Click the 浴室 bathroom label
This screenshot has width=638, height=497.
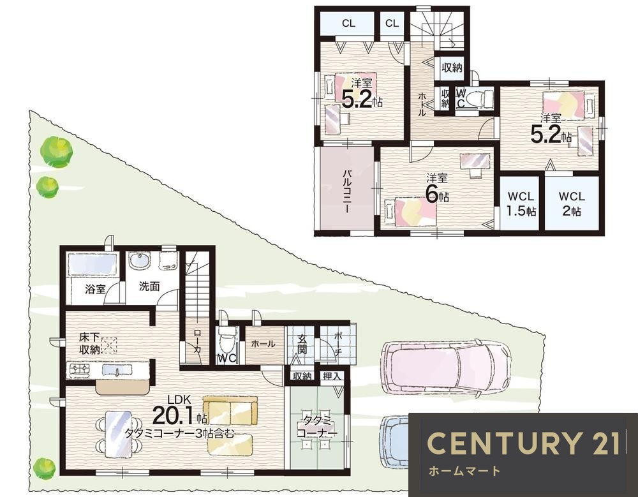click(95, 289)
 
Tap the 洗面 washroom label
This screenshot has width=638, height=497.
click(149, 286)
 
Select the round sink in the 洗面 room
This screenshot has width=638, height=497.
click(140, 261)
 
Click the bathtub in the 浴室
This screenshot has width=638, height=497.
click(93, 265)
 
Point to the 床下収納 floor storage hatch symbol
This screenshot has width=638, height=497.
click(108, 346)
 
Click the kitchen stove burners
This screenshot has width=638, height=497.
click(80, 369)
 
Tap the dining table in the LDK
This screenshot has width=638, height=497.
click(119, 434)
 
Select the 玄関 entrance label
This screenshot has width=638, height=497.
click(302, 344)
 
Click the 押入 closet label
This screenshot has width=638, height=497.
click(332, 376)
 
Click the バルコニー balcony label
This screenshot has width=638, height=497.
click(346, 191)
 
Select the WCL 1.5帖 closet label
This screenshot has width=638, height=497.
click(521, 204)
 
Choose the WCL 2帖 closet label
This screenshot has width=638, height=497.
click(572, 204)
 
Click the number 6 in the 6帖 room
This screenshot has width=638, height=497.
click(432, 195)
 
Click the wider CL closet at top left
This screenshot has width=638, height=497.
click(348, 24)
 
